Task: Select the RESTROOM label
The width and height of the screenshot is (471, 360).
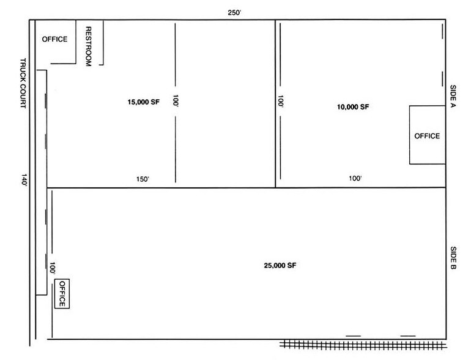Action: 89,46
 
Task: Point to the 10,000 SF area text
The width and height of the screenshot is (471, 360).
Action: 353,107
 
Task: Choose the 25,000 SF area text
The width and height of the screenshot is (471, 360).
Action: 280,265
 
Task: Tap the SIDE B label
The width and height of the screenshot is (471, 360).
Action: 453,259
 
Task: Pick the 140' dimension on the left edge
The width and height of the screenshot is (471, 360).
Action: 24,180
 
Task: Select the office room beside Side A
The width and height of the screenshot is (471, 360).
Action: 427,135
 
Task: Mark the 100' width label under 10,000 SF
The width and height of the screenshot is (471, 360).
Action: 355,179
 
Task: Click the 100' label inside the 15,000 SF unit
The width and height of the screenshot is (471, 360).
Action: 176,102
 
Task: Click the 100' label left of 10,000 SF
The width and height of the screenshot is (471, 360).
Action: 281,102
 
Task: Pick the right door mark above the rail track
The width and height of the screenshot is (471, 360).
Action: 408,336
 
